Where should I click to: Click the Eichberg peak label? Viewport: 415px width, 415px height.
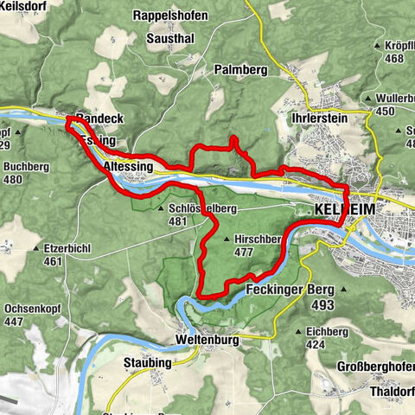[326, 331]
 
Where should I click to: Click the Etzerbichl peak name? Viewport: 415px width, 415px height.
[68, 247]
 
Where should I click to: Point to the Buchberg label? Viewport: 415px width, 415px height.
[28, 167]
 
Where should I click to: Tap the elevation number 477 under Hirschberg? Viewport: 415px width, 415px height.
[246, 253]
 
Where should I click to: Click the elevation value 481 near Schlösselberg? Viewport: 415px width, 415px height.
[178, 221]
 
